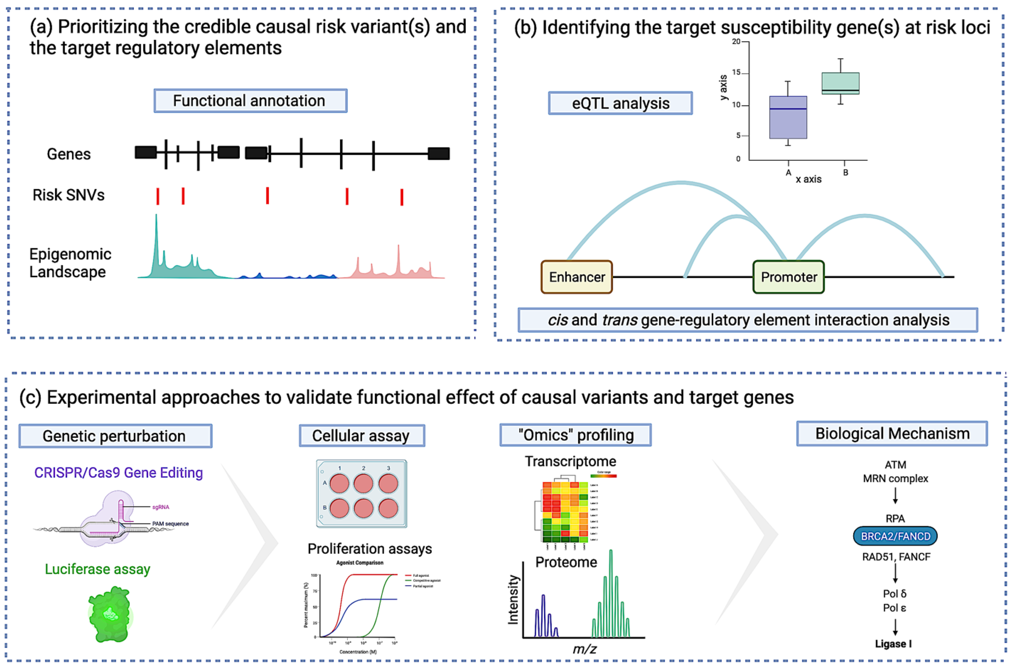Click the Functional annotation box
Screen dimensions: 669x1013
(x=250, y=101)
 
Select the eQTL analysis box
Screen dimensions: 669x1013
(x=620, y=103)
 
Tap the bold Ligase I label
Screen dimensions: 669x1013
(x=893, y=644)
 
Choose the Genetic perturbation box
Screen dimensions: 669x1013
(x=115, y=436)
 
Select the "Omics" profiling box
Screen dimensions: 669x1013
(x=575, y=435)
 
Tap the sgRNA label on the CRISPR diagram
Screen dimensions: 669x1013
(x=160, y=507)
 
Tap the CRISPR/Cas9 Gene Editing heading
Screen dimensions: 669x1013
(x=118, y=473)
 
